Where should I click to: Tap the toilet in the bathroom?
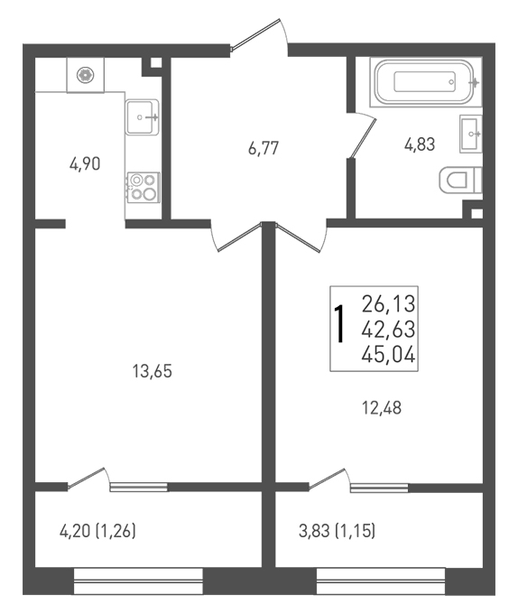pos(460,180)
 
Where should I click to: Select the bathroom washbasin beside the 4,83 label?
pos(471,134)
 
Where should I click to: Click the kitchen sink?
pos(142,116)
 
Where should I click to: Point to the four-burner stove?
pos(143,187)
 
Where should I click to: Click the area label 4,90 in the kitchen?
pos(85,163)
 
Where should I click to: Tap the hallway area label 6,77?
pos(264,148)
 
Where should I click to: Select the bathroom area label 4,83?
pos(420,144)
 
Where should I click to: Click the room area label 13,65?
pos(153,371)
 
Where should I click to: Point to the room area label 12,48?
pos(382,407)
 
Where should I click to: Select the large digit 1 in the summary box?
pos(339,325)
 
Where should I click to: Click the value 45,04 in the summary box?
pos(388,356)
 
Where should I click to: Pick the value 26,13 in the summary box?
pos(388,304)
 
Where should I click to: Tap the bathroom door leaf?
pos(362,138)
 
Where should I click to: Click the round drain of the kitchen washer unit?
pos(86,74)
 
